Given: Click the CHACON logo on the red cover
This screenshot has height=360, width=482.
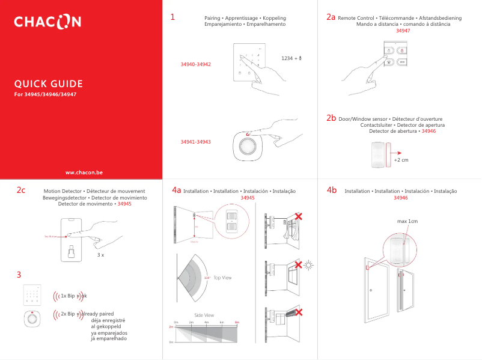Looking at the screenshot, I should coord(47,23).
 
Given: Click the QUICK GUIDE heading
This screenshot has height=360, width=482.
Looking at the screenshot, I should coord(49,84).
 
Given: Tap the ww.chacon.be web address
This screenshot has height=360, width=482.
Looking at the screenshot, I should coord(84,172).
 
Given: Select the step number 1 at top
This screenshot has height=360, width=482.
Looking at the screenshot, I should coord(172,17).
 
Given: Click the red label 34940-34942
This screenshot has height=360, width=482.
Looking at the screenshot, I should coord(195,64).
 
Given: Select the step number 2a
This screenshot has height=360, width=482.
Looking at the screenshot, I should coord(331,17).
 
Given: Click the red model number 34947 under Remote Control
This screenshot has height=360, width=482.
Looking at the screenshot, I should coord(403,31).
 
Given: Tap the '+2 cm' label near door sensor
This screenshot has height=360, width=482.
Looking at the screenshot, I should coord(401,160).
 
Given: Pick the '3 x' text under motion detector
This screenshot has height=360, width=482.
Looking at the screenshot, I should coord(101,255).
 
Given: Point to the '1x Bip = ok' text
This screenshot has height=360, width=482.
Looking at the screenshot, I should coord(73,296).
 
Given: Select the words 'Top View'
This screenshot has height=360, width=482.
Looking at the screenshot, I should coord(222,278).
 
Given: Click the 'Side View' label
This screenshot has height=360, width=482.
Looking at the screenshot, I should coord(204,316).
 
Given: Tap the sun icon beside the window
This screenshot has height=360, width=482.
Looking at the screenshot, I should coord(309,264).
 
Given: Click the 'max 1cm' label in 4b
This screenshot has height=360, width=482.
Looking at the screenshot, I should coord(407,222).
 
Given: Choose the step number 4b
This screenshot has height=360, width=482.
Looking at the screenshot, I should coord(331,190).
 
